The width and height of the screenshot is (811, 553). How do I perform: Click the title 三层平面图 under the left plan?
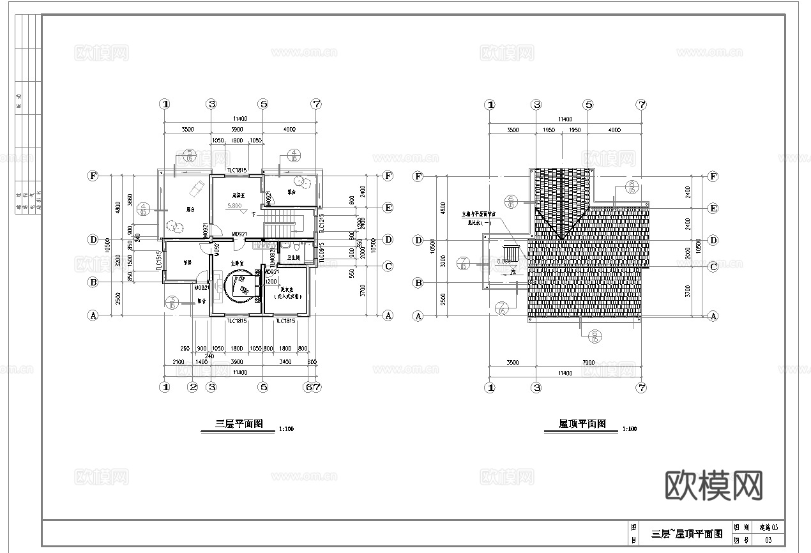pyautogui.click(x=235, y=424)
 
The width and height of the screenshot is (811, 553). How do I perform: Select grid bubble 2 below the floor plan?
pyautogui.click(x=192, y=386)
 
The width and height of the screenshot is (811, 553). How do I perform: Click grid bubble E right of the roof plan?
pyautogui.click(x=713, y=208)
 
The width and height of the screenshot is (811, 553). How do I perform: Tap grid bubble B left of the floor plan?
pyautogui.click(x=93, y=282)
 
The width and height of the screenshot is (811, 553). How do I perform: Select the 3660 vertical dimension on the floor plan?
pyautogui.click(x=130, y=199)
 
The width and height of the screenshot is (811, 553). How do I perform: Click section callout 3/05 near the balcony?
pyautogui.click(x=172, y=302)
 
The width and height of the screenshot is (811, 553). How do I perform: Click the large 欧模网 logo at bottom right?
pyautogui.click(x=714, y=487)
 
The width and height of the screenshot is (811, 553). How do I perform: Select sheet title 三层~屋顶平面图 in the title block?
pyautogui.click(x=686, y=534)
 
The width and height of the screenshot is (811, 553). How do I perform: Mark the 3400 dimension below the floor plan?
pyautogui.click(x=285, y=362)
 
